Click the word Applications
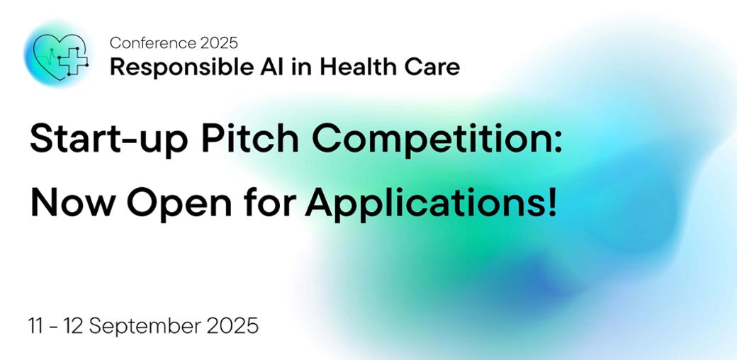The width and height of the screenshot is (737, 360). click(x=424, y=203)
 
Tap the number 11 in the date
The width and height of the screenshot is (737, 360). click(x=36, y=326)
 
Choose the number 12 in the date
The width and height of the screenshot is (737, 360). click(x=74, y=326)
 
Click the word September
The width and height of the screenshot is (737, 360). click(x=143, y=327)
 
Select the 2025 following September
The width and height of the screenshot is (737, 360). click(x=230, y=326)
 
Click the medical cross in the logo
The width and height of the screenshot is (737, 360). click(x=73, y=61)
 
